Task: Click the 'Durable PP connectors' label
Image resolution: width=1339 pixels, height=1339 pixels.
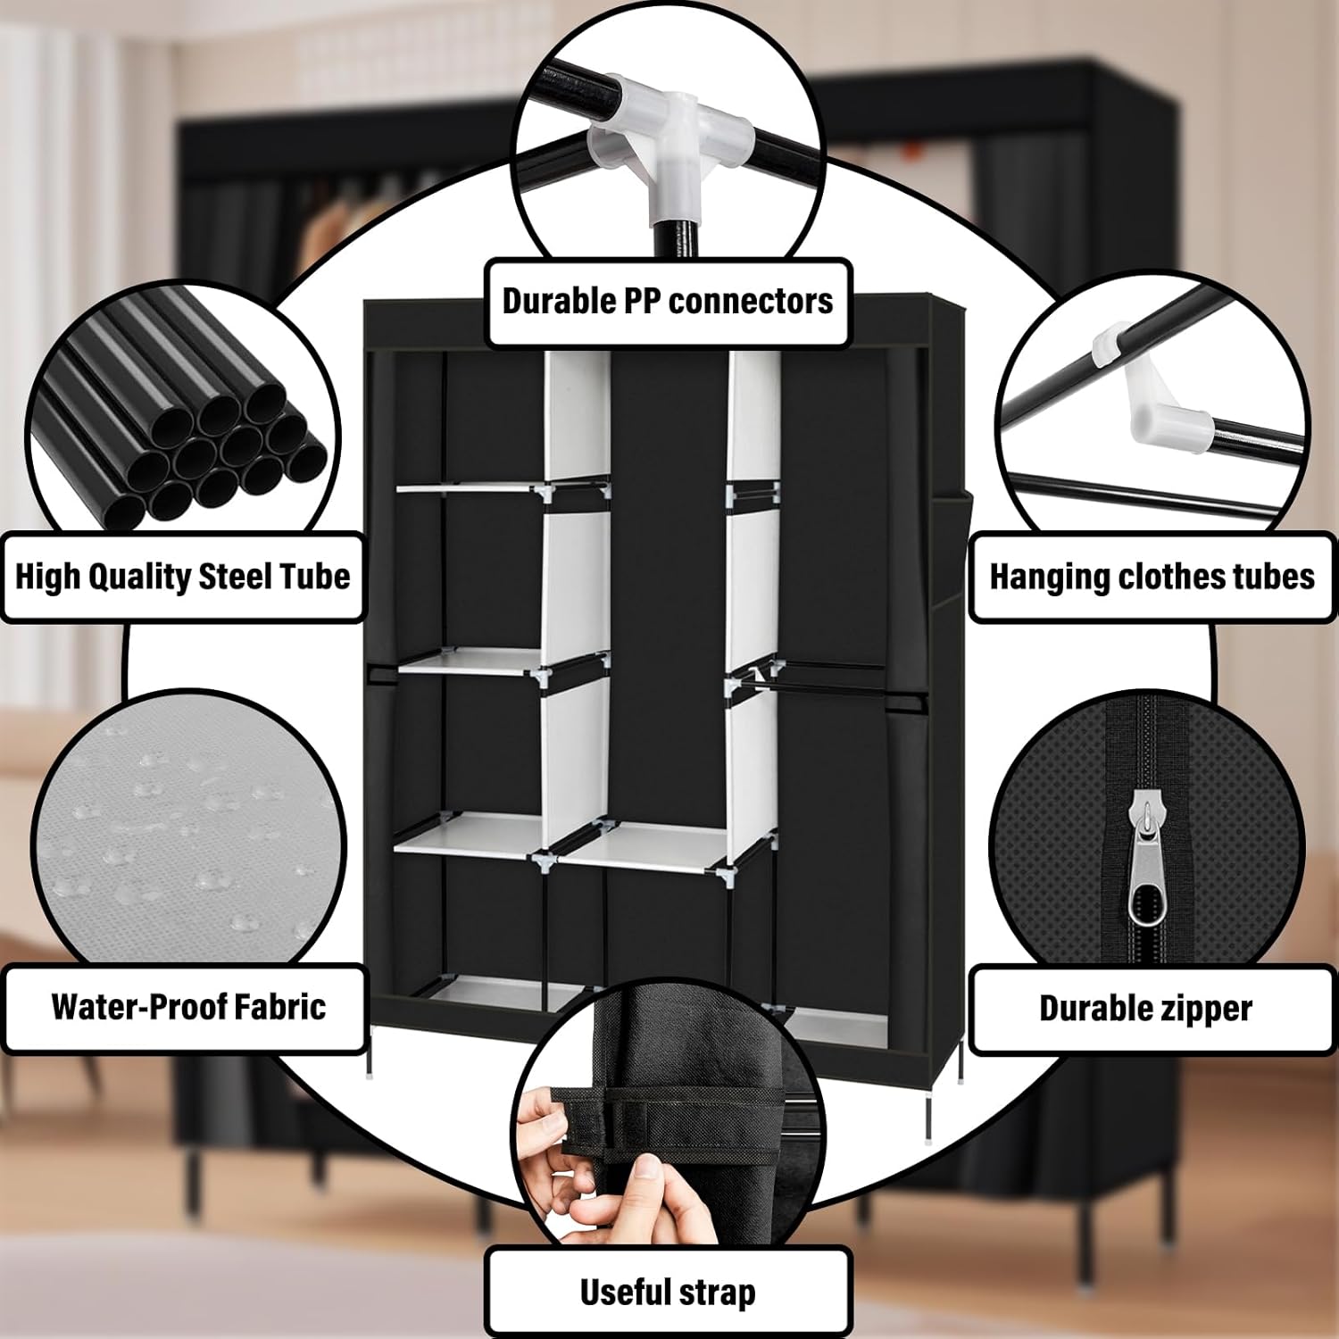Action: [x=668, y=302]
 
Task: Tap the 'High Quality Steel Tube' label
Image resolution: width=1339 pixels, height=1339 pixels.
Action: [x=183, y=577]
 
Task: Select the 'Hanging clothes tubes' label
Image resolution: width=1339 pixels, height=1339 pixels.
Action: [x=1152, y=577]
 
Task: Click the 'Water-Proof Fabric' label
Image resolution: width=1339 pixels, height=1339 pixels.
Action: [x=188, y=1007]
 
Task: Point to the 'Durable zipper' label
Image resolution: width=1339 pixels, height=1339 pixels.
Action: [x=1145, y=1009]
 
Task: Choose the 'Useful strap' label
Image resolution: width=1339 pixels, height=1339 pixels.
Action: [x=668, y=1293]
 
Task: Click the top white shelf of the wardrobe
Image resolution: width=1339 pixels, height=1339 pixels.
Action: [x=469, y=487]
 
